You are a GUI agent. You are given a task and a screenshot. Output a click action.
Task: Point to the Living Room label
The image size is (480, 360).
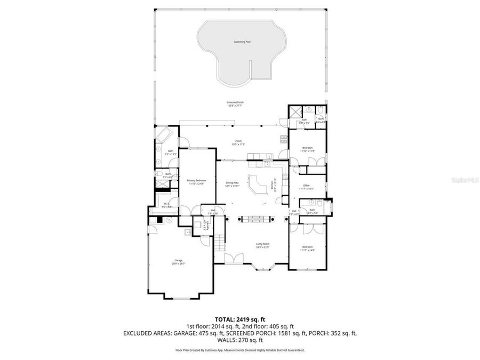(x=262, y=245)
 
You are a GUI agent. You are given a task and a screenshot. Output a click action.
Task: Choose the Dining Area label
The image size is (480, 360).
(x=232, y=184)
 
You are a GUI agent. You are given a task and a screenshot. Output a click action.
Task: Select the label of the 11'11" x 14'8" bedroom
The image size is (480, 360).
(x=307, y=248)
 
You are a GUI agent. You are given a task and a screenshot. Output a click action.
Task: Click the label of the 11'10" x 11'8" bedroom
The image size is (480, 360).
(x=307, y=149)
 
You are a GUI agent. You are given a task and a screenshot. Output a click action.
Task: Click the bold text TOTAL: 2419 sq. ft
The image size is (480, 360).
(x=239, y=318)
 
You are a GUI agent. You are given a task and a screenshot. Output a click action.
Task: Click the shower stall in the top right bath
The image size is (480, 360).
(x=295, y=111)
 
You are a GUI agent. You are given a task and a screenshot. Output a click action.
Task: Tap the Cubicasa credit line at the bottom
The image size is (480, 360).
(x=239, y=350)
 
